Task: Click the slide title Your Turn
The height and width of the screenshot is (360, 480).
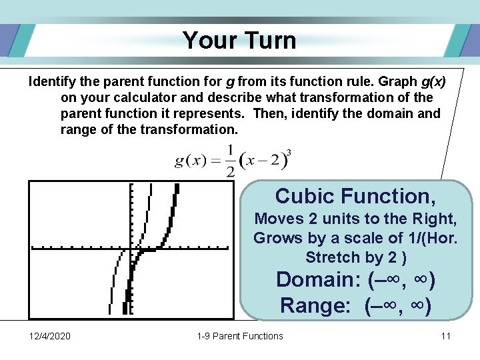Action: pos(239,40)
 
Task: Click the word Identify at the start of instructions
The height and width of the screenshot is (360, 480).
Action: pos(51,81)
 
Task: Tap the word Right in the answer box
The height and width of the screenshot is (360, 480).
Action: pos(434,219)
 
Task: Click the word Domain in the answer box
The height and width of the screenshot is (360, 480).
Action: pos(318,279)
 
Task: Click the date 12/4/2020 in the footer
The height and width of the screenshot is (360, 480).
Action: pos(50,336)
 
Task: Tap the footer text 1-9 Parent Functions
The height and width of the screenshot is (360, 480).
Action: pos(240,336)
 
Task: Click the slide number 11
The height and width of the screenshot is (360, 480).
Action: pos(446,336)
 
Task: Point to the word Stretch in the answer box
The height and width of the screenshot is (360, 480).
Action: pos(329,257)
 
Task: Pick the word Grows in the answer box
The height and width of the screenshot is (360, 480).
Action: pos(276,238)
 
